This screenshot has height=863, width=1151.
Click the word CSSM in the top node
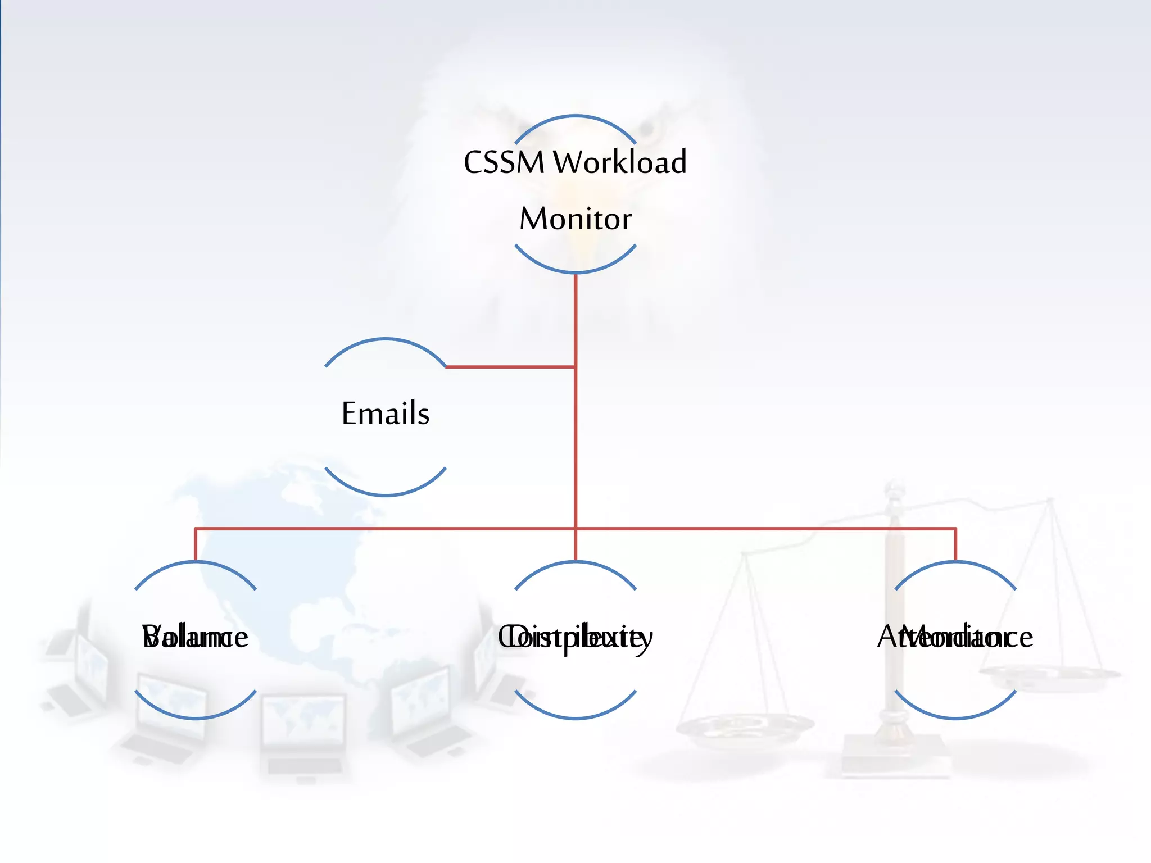(x=504, y=162)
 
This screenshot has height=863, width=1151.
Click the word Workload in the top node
(x=619, y=162)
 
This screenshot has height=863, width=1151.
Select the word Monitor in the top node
(x=575, y=219)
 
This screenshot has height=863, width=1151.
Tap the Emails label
(x=386, y=414)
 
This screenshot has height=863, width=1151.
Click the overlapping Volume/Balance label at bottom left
(x=195, y=637)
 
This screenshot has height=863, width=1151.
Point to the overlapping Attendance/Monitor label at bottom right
(x=955, y=637)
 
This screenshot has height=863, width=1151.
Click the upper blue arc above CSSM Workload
(x=575, y=116)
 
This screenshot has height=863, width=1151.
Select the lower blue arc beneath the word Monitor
(x=575, y=272)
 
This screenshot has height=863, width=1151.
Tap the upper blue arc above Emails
(x=386, y=339)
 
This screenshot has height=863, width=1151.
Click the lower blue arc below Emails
(x=386, y=494)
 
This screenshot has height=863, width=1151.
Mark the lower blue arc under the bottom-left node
(x=196, y=717)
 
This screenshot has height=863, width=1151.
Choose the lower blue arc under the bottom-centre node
(x=575, y=717)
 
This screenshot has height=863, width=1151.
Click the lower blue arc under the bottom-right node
(x=955, y=717)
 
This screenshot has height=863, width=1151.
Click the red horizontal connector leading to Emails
(x=509, y=367)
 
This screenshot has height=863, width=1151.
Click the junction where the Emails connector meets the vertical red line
(x=575, y=367)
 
